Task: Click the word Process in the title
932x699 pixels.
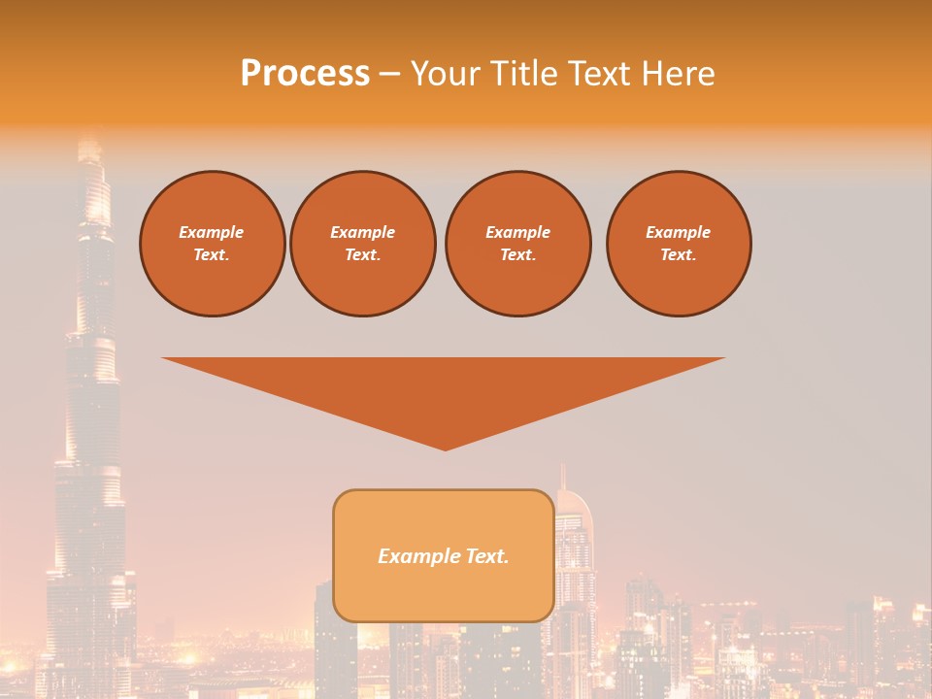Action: pos(305,74)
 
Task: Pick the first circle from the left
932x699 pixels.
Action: pos(213,244)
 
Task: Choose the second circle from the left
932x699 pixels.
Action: pos(363,244)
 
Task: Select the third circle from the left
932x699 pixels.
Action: pos(518,244)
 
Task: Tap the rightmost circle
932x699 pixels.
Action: pos(679,244)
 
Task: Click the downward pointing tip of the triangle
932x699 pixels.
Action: pos(445,448)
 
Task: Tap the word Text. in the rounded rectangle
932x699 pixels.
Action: pos(485,556)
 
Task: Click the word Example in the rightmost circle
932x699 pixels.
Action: pos(679,232)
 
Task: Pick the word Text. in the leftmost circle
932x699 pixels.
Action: pos(212,255)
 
